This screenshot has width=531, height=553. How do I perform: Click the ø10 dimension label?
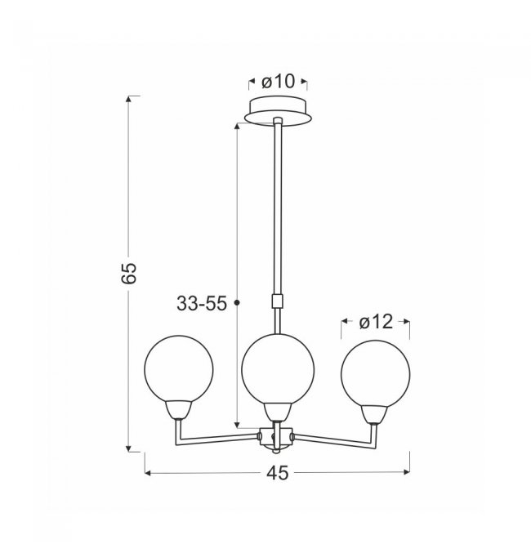coord(278,82)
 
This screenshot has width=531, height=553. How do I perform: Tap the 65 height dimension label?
coord(128,273)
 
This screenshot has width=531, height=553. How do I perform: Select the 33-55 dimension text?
coord(202,303)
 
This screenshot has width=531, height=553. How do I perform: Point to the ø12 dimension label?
coord(376,322)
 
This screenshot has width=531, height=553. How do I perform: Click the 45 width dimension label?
coord(277,473)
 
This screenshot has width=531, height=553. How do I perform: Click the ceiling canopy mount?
coord(279,110)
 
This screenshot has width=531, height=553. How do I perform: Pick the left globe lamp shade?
coord(179,369)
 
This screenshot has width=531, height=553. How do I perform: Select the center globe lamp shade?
coord(278,369)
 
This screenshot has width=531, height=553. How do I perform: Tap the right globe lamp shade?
coord(376,374)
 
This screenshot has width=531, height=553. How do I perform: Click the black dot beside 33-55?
coord(237,302)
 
